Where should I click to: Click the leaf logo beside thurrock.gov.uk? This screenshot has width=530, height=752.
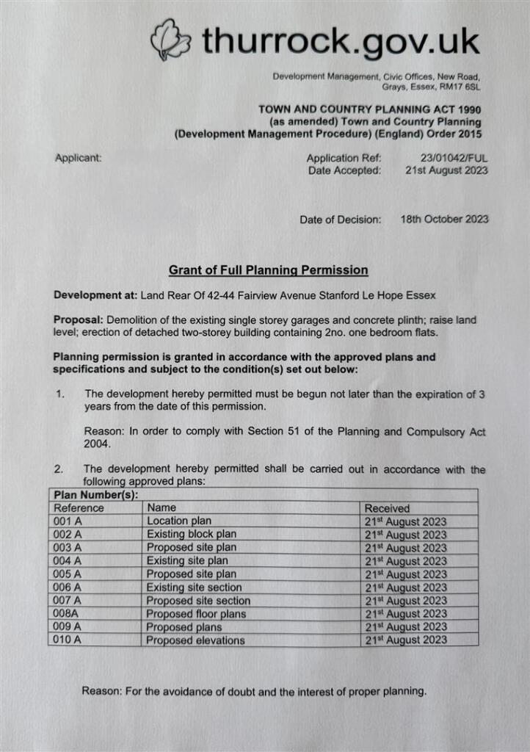pyautogui.click(x=171, y=40)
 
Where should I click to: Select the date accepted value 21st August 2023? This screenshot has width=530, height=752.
pyautogui.click(x=446, y=170)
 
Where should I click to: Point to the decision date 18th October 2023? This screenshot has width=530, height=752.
pyautogui.click(x=445, y=219)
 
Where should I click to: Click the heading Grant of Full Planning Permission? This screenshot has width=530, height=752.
pyautogui.click(x=268, y=270)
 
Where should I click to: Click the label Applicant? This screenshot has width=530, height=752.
pyautogui.click(x=78, y=158)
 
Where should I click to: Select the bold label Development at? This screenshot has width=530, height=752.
pyautogui.click(x=95, y=296)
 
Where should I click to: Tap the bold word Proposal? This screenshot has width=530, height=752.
pyautogui.click(x=79, y=321)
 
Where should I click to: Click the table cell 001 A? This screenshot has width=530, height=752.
pyautogui.click(x=68, y=521)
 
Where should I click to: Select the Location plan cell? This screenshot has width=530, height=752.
pyautogui.click(x=178, y=521)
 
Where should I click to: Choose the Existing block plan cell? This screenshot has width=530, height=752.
pyautogui.click(x=191, y=535)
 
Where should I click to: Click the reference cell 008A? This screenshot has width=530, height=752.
pyautogui.click(x=66, y=614)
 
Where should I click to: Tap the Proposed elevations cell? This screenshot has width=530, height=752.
pyautogui.click(x=195, y=640)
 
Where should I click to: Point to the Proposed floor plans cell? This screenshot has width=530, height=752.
pyautogui.click(x=195, y=614)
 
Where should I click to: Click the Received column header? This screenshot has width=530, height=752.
pyautogui.click(x=387, y=508)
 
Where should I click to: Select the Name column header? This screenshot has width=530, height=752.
pyautogui.click(x=161, y=507)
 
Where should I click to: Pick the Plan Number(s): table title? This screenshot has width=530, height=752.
pyautogui.click(x=91, y=495)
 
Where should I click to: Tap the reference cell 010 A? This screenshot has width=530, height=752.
pyautogui.click(x=68, y=640)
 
